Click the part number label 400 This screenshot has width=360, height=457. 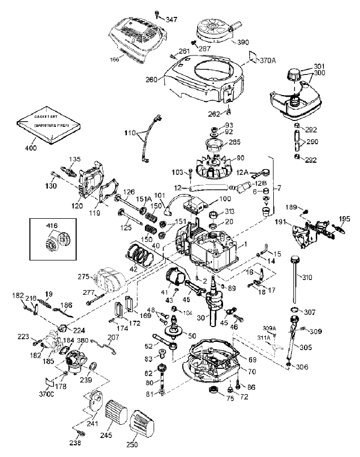coord(31,148)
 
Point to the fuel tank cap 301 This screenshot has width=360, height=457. coord(293,74)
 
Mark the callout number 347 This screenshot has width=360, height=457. coord(171,20)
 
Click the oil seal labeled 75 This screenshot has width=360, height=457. coord(215,390)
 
